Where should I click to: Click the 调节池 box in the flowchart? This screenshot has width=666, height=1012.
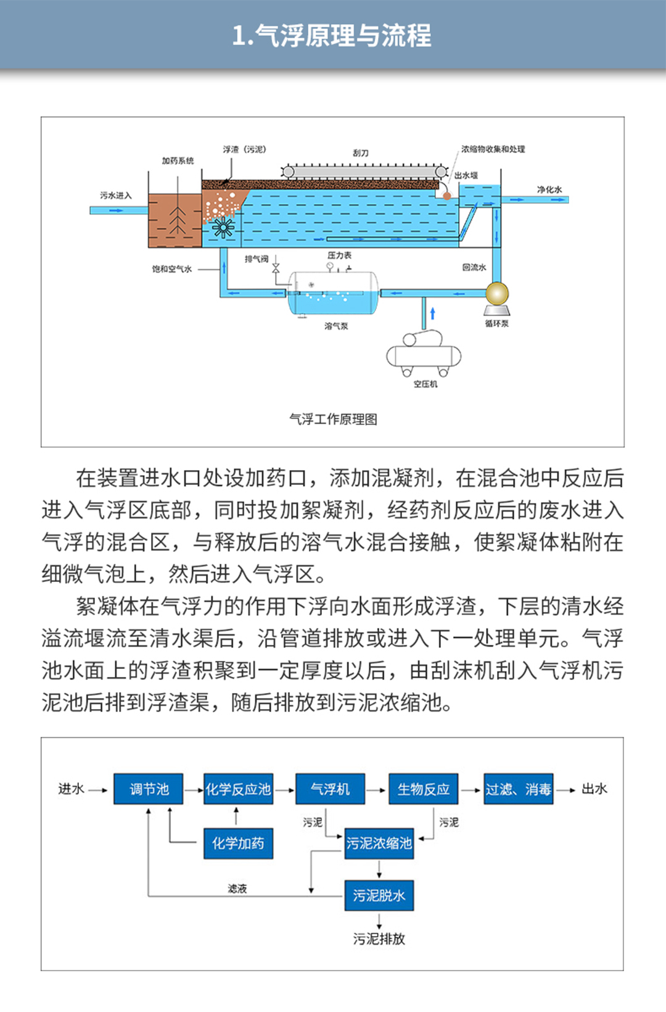click(x=149, y=789)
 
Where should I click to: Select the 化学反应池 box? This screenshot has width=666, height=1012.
click(x=238, y=789)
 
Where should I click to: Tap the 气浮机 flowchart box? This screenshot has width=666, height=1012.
click(x=330, y=789)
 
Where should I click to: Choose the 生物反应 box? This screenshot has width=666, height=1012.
click(x=423, y=789)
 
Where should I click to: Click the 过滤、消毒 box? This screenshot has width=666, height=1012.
click(x=518, y=789)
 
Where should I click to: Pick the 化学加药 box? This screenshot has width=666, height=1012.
click(x=238, y=843)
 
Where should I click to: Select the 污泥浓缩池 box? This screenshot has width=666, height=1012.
click(x=379, y=843)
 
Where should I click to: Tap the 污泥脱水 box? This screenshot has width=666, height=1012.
click(x=379, y=895)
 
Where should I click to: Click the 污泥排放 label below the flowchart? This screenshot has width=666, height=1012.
click(x=379, y=939)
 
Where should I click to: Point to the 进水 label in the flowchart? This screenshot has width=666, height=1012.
click(x=71, y=789)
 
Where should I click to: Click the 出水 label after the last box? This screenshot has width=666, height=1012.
click(x=594, y=789)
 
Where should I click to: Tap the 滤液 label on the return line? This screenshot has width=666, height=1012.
click(x=237, y=889)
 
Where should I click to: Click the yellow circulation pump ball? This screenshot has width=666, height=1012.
click(x=496, y=294)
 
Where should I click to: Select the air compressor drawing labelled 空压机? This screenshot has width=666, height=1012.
click(x=424, y=354)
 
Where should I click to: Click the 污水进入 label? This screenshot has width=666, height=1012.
click(x=116, y=196)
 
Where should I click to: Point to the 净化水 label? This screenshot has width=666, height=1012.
click(x=549, y=189)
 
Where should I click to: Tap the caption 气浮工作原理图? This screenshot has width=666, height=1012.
click(x=333, y=420)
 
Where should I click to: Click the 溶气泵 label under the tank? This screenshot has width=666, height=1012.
click(x=336, y=326)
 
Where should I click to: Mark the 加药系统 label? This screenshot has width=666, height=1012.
click(x=178, y=161)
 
